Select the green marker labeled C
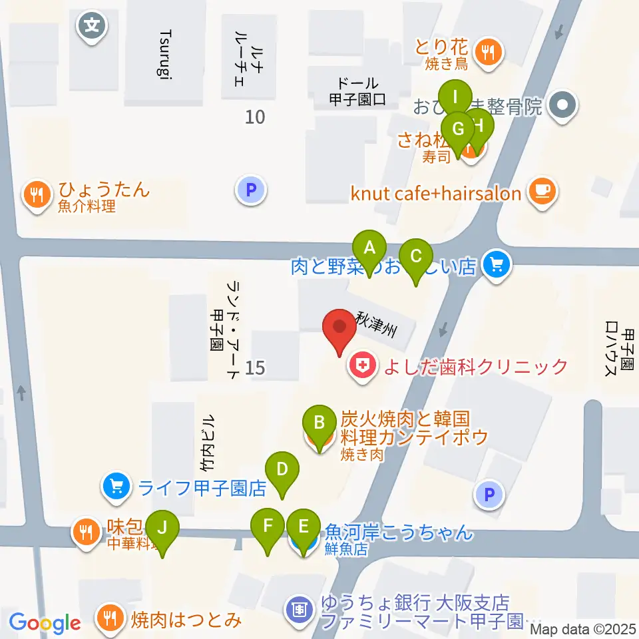(416, 256)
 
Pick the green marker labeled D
(282, 469)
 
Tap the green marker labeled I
(455, 97)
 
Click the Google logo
(45, 623)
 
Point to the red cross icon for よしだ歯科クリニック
(361, 366)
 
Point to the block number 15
(255, 367)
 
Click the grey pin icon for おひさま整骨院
(563, 105)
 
